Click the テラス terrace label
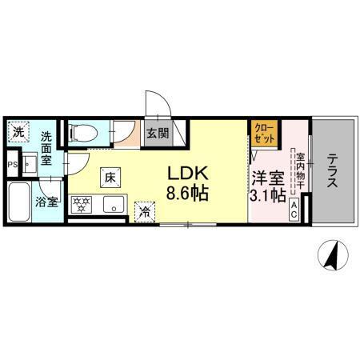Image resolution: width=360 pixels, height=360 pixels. point(331,171)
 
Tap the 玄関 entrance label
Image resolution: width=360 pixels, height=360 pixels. point(157,134)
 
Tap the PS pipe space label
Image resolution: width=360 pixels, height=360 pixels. point(10,166)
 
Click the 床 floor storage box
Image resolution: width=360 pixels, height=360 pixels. point(110,178)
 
